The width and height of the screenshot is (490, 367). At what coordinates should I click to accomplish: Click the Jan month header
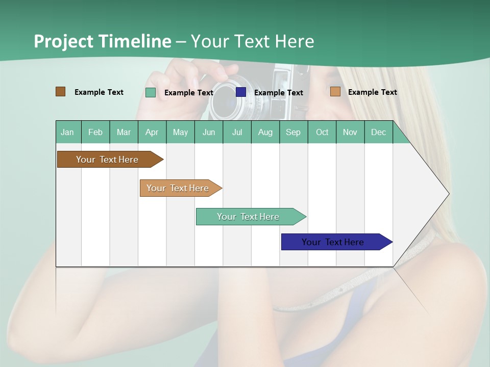[x=67, y=133]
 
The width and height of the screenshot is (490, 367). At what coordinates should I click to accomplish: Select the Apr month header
[x=152, y=133]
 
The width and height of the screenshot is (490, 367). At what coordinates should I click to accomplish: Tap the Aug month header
[x=265, y=133]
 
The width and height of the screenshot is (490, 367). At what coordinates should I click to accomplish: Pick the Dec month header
[x=378, y=133]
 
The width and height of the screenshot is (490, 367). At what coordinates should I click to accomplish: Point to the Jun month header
[x=209, y=133]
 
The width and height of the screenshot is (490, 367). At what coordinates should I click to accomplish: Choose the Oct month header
[x=322, y=133]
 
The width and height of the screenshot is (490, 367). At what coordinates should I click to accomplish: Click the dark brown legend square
[x=60, y=92]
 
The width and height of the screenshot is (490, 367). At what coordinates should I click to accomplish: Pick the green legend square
[x=151, y=92]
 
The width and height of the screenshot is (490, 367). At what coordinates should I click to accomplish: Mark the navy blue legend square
[x=241, y=92]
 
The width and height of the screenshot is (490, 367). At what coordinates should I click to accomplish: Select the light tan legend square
[x=335, y=92]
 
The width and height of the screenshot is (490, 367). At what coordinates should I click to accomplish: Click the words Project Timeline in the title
[x=103, y=41]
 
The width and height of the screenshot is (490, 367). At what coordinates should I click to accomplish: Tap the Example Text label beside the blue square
[x=279, y=93]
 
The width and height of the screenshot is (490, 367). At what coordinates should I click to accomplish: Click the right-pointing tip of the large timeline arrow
[x=448, y=194]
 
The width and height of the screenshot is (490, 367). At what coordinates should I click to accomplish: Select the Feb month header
[x=95, y=133]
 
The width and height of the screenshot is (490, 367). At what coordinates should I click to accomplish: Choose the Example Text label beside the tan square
[x=373, y=92]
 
